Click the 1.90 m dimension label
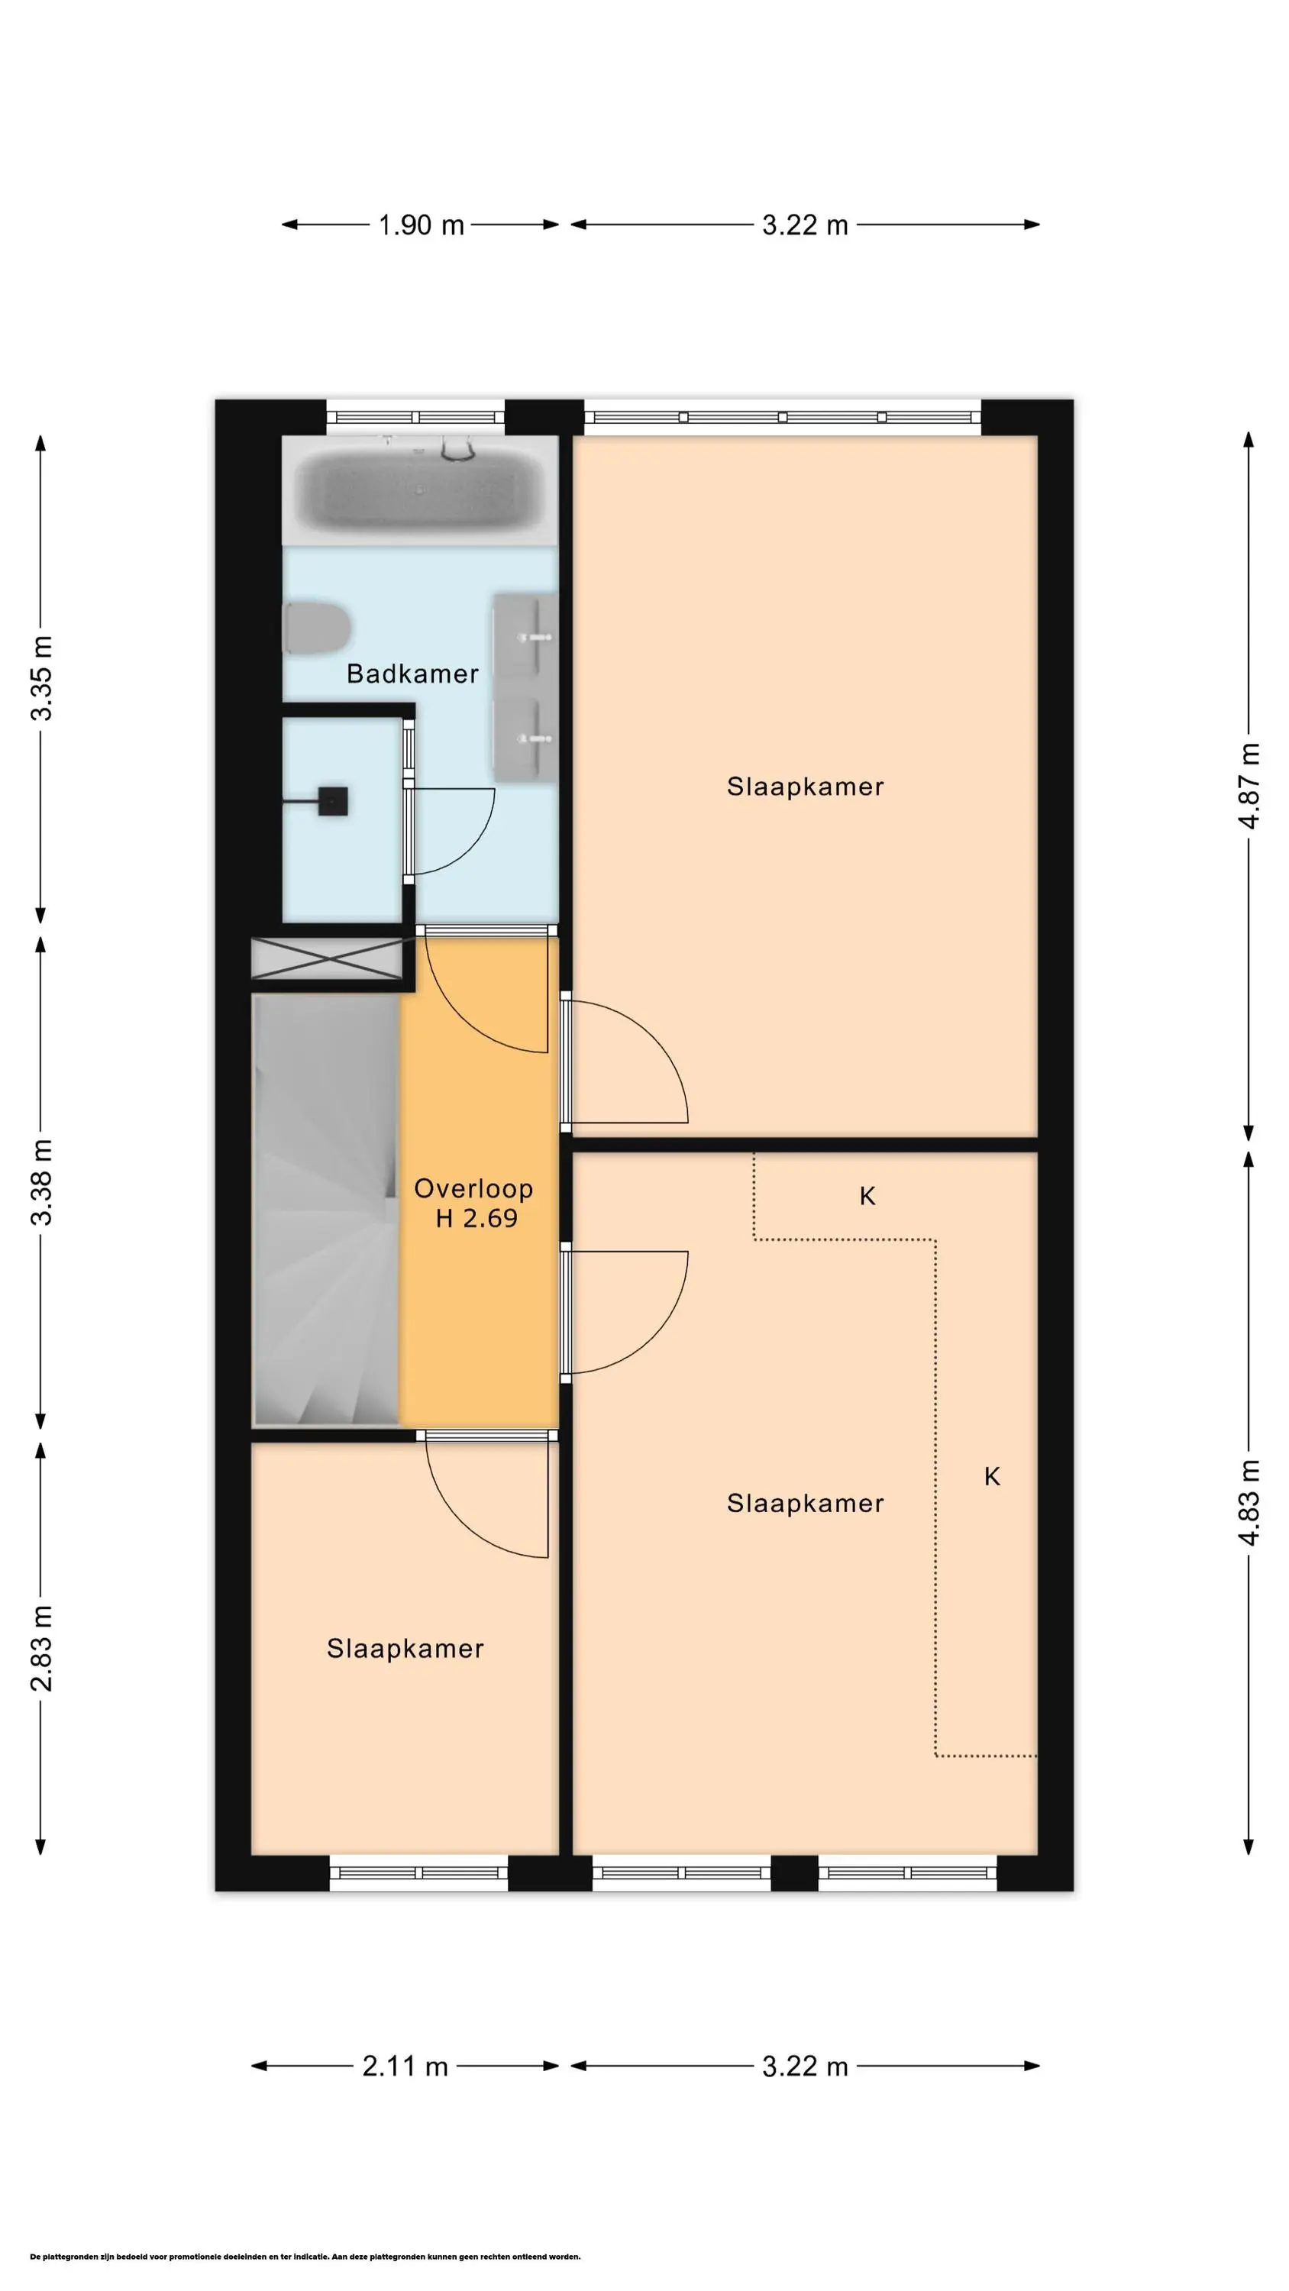[x=421, y=225]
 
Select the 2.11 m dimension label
[x=405, y=2066]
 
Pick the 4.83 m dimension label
[x=1250, y=1502]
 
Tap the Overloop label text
[x=473, y=1189]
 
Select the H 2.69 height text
[x=476, y=1218]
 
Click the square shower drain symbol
[x=333, y=801]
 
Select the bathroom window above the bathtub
[x=415, y=416]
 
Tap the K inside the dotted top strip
[x=867, y=1196]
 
